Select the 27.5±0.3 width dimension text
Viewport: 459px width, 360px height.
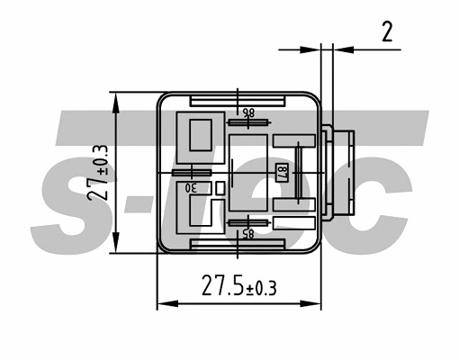[x=238, y=288]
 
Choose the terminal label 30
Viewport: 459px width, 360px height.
[x=192, y=188]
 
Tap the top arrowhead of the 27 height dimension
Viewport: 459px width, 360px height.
[x=115, y=97]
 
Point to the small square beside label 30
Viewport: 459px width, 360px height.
[x=220, y=187]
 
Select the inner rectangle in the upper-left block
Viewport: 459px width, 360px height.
[x=197, y=135]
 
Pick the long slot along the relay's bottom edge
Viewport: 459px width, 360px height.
[x=238, y=245]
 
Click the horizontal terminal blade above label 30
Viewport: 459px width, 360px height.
[x=191, y=172]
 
